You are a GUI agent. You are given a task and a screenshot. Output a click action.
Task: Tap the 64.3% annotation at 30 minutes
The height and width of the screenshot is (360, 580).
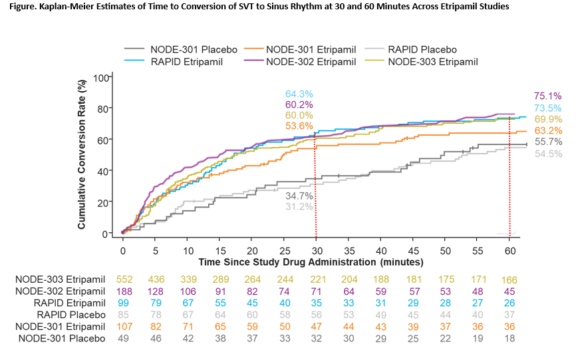tap(299, 94)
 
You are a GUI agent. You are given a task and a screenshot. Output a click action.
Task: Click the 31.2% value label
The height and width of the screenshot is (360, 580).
tap(299, 207)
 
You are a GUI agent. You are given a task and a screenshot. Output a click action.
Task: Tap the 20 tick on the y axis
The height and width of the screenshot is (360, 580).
tap(102, 202)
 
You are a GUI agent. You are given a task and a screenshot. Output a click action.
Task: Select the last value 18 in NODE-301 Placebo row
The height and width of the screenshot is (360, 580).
tap(510, 339)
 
